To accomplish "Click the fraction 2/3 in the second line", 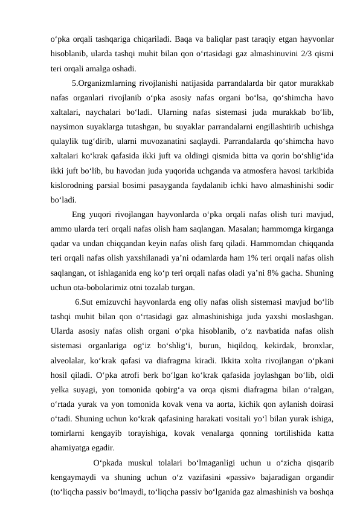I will (x=305, y=53).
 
